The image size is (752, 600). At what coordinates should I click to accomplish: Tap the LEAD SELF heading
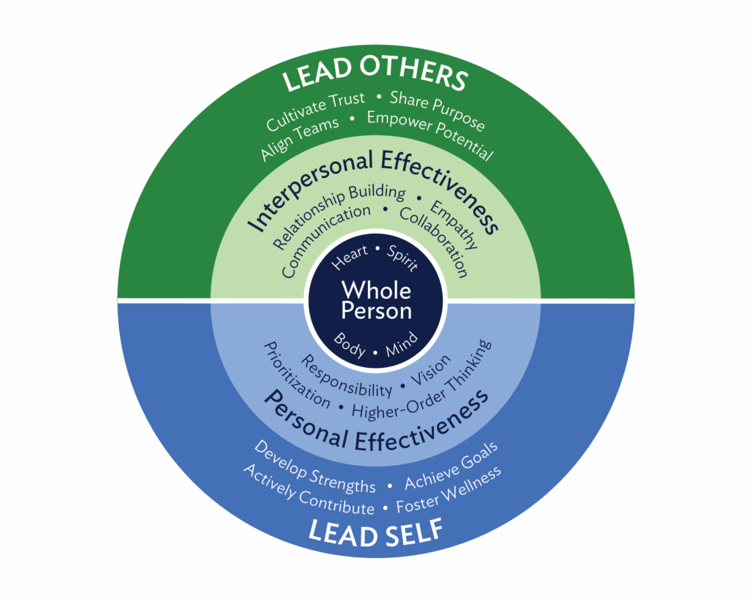pyautogui.click(x=375, y=532)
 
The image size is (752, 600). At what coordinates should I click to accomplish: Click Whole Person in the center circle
pyautogui.click(x=376, y=300)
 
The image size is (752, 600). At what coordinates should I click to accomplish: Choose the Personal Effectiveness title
pyautogui.click(x=376, y=422)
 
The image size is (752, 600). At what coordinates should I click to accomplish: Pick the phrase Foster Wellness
pyautogui.click(x=449, y=489)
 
